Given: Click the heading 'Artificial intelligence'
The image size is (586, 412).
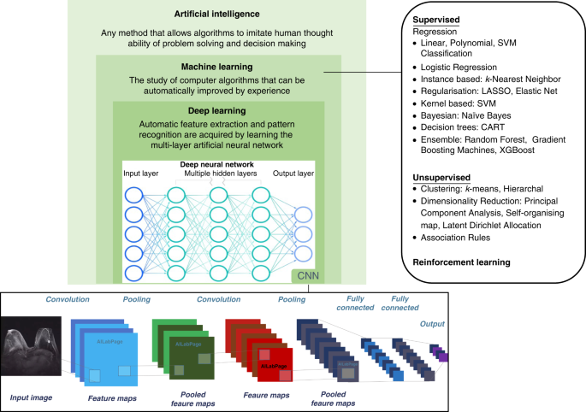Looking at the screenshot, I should [x=217, y=15].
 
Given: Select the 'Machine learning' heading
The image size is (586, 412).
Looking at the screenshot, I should [x=217, y=66].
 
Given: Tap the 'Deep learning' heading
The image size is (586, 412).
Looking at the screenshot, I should [x=217, y=111].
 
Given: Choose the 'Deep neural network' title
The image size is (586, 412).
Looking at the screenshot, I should [x=219, y=164].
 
